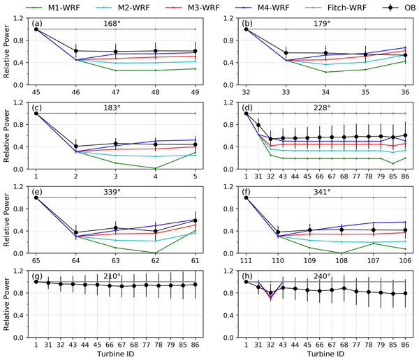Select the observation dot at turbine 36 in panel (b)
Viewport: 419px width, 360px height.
click(x=405, y=55)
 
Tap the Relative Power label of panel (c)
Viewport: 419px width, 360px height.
click(x=8, y=140)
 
